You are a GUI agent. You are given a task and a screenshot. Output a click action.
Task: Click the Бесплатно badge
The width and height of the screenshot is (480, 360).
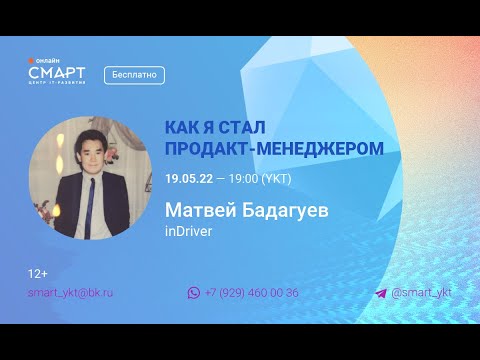[133, 75]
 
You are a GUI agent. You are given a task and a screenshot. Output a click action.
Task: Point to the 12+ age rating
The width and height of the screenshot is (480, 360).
[39, 273]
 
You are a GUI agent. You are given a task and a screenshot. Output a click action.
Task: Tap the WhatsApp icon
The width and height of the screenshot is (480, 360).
[194, 293]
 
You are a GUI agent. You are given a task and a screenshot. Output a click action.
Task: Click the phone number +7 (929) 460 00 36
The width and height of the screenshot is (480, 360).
[251, 293]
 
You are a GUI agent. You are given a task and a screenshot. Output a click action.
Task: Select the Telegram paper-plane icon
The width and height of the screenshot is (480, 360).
[381, 293]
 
